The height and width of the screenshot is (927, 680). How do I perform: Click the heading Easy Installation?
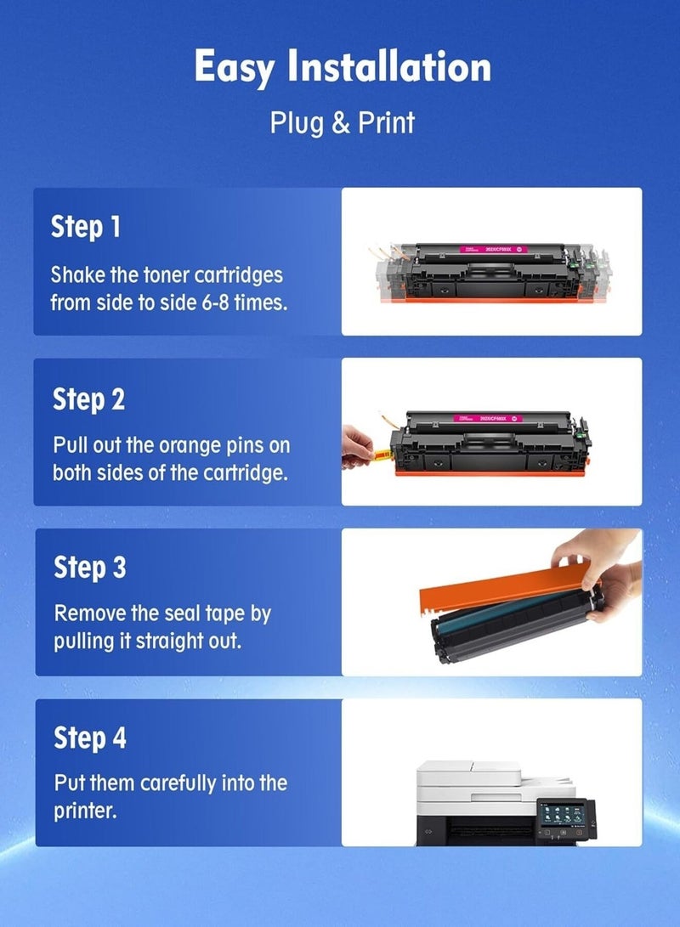pos(342,67)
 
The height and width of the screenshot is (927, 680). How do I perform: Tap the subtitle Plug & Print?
pos(342,122)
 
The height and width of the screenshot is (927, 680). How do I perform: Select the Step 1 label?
pos(86,227)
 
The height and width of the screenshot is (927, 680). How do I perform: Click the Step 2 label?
pos(88,398)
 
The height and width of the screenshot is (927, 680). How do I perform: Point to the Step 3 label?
pos(89,568)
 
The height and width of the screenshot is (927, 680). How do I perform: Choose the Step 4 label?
pos(90,738)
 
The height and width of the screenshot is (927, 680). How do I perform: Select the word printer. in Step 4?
pos(84,810)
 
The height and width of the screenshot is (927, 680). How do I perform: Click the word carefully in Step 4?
pos(178,783)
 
